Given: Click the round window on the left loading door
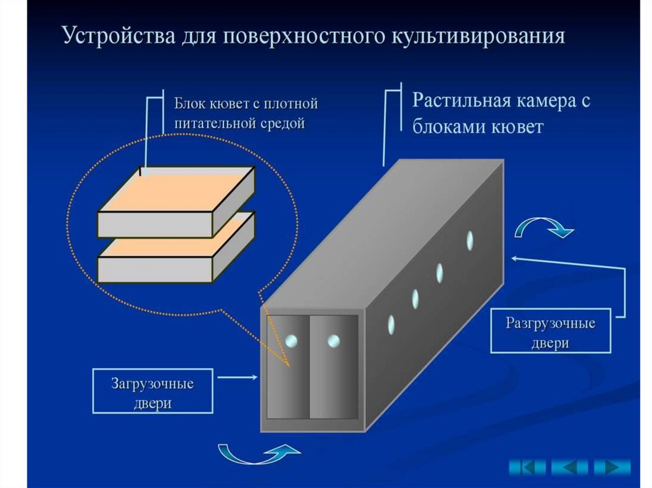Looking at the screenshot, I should pyautogui.click(x=291, y=341).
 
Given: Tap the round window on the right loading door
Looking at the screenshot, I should pyautogui.click(x=334, y=341).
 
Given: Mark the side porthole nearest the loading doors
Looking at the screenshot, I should pyautogui.click(x=391, y=324).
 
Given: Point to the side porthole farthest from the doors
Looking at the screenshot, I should pyautogui.click(x=470, y=240).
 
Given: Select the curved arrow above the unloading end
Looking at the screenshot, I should pyautogui.click(x=544, y=227).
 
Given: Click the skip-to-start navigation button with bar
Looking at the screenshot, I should pyautogui.click(x=527, y=468).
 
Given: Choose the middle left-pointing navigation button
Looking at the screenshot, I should pyautogui.click(x=570, y=468).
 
